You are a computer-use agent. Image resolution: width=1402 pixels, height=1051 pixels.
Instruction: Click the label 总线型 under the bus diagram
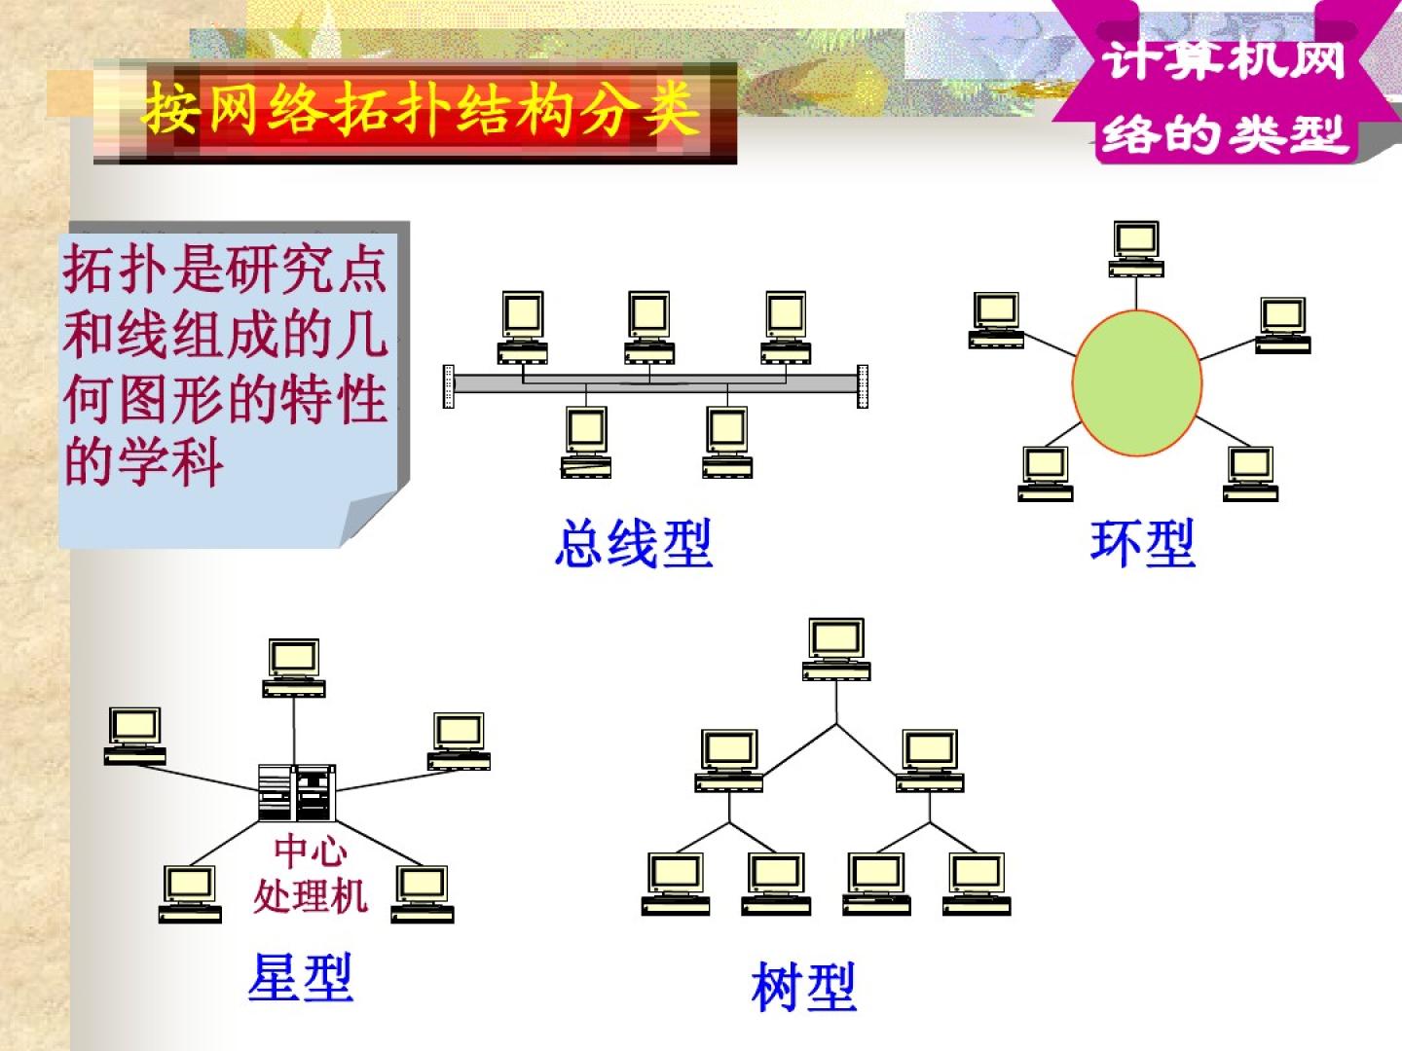(x=633, y=543)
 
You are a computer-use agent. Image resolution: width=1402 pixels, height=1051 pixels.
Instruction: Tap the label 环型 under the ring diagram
(x=1142, y=543)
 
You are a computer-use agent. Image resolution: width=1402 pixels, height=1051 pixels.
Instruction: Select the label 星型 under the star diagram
(x=300, y=977)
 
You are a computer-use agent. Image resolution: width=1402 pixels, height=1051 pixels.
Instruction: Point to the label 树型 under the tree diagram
(x=804, y=987)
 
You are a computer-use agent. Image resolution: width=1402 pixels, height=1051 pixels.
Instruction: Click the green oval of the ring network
(x=1136, y=382)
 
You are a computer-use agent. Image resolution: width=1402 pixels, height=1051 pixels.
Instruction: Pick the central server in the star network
(x=297, y=792)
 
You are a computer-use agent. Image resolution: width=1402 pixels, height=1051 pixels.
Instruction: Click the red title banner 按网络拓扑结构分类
(x=419, y=110)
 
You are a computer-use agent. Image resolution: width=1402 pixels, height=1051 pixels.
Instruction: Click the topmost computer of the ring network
(x=1136, y=249)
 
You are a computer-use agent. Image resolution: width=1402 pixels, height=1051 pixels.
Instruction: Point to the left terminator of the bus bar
(x=449, y=386)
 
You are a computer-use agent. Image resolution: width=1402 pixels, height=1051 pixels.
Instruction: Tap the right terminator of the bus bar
(x=863, y=386)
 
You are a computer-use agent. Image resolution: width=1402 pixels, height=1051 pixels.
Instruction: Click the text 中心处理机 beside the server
(x=310, y=874)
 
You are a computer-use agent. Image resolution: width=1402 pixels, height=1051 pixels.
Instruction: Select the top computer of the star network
(x=293, y=668)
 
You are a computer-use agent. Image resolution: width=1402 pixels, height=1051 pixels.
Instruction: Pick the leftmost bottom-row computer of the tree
(x=676, y=884)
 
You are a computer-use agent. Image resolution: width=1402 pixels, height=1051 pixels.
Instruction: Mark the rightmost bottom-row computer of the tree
(x=977, y=884)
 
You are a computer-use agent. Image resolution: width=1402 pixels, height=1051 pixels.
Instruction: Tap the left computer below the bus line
(x=586, y=441)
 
